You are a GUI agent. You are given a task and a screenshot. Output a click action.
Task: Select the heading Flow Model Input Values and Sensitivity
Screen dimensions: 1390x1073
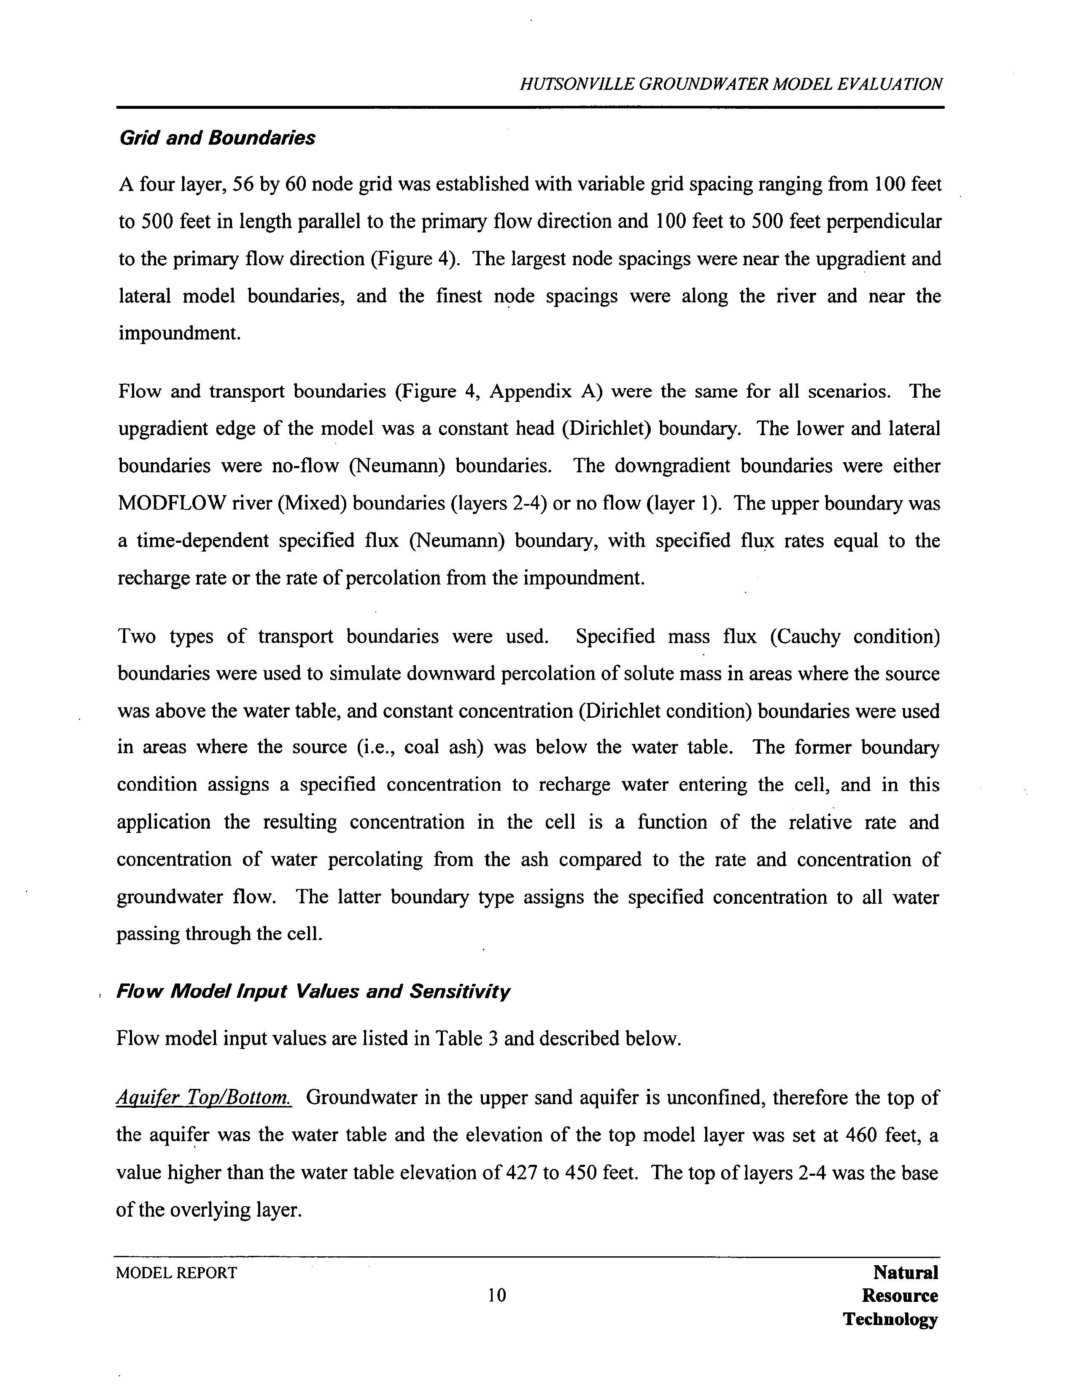pos(313,991)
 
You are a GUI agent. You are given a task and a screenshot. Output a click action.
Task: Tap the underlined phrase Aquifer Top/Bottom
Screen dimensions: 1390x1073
pos(204,1098)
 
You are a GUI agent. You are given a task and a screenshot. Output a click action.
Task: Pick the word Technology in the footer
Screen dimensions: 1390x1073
pos(890,1319)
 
